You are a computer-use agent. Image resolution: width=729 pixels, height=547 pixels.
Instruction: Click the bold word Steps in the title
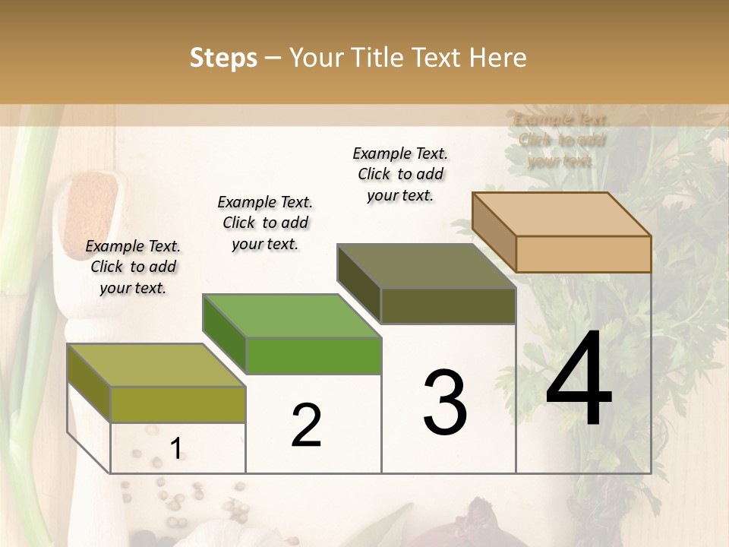(223, 58)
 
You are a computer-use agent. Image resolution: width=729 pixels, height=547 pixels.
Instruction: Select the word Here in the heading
(497, 58)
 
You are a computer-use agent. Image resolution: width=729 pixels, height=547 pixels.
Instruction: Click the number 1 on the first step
(175, 449)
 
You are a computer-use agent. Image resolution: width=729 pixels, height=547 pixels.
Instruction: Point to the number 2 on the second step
(306, 425)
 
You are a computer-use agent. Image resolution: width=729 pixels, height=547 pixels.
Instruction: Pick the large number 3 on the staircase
(445, 403)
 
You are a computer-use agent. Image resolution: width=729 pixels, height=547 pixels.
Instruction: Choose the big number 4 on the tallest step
(579, 380)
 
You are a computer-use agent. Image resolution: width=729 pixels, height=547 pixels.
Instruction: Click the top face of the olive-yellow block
(156, 365)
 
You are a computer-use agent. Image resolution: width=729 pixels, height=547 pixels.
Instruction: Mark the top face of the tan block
(562, 214)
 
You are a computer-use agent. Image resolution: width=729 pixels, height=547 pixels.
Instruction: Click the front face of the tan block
(583, 254)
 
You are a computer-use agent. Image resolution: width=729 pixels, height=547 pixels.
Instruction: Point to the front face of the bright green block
(314, 356)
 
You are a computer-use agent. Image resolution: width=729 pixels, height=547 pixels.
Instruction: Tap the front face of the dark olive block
(448, 305)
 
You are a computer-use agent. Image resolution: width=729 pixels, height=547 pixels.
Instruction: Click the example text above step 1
(133, 267)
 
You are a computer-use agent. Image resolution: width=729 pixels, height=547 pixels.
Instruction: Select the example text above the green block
(265, 223)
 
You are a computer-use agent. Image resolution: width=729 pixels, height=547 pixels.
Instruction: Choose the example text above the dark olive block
(400, 174)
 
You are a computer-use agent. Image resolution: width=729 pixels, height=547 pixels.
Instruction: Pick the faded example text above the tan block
(561, 140)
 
